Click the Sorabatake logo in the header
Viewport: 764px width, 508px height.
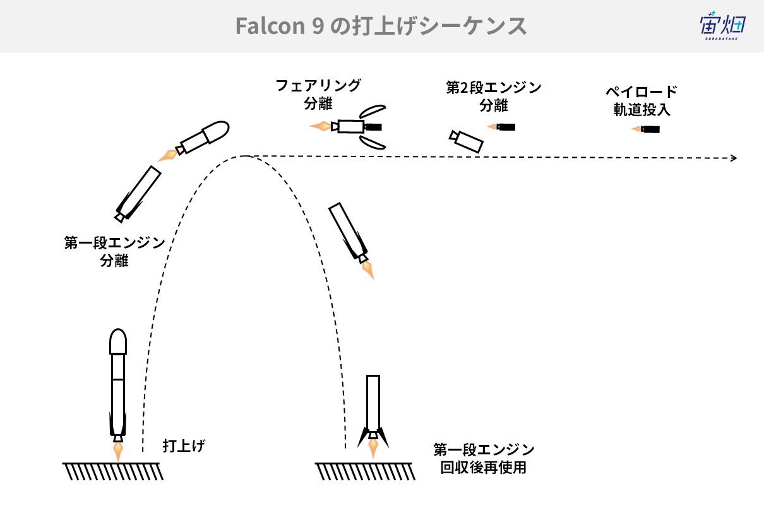(723, 26)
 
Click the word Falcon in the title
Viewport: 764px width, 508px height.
(270, 26)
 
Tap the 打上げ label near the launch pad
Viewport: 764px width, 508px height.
(184, 446)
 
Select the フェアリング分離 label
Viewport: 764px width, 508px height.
(318, 95)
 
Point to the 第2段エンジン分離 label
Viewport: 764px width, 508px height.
(494, 97)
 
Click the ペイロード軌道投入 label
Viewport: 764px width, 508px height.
(642, 101)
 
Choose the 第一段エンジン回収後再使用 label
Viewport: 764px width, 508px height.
(484, 459)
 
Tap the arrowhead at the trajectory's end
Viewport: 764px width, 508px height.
(734, 158)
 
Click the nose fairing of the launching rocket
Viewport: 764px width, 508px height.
(118, 341)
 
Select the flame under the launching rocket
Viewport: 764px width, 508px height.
(118, 452)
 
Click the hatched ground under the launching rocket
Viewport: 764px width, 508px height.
(112, 471)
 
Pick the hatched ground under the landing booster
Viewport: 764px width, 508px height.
(365, 471)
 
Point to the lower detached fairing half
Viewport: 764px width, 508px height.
(373, 143)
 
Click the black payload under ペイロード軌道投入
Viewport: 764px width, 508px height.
(650, 129)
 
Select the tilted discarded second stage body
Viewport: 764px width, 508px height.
(466, 141)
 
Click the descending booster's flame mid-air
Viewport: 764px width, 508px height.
(368, 270)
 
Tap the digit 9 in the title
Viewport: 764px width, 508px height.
(318, 27)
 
